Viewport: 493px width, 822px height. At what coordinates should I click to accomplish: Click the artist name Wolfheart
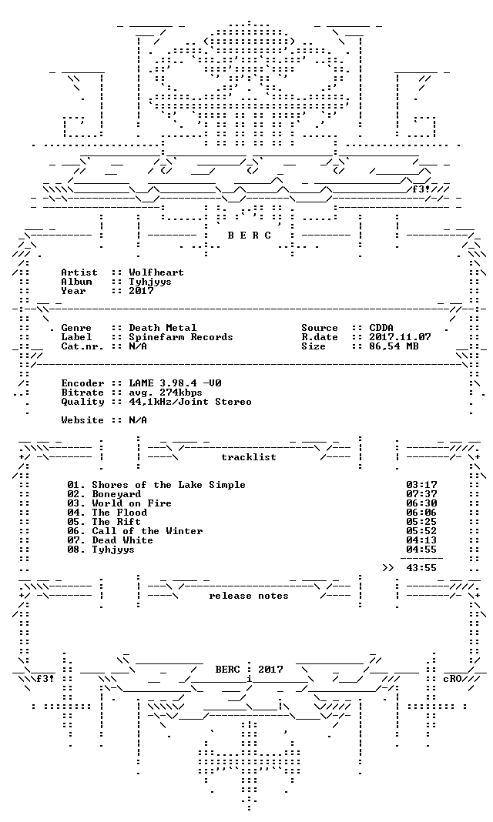click(156, 272)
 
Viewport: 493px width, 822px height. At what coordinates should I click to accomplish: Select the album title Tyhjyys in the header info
click(150, 282)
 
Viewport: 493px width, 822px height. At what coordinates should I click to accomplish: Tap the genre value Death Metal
click(163, 328)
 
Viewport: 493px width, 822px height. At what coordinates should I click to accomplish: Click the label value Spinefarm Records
click(181, 338)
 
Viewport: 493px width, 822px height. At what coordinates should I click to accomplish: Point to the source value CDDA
click(381, 328)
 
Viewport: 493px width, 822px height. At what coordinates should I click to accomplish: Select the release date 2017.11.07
click(400, 338)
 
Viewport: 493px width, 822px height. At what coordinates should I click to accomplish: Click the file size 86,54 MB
click(394, 346)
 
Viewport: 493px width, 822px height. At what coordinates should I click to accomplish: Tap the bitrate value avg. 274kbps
click(166, 393)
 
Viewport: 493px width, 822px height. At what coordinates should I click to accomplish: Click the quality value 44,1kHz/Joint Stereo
click(190, 402)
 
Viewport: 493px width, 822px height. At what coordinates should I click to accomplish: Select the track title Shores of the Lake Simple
click(169, 485)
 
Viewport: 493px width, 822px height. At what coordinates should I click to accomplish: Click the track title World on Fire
click(132, 504)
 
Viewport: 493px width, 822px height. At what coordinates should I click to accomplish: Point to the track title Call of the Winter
click(147, 532)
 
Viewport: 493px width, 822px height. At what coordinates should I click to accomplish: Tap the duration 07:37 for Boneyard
click(421, 494)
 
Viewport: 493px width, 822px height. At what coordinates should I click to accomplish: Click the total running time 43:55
click(421, 568)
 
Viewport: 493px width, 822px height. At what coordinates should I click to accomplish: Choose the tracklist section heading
click(249, 457)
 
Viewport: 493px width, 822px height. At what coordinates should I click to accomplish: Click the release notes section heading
click(249, 596)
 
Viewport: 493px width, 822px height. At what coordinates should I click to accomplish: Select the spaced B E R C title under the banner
click(249, 236)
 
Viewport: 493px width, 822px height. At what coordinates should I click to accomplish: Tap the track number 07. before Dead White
click(76, 540)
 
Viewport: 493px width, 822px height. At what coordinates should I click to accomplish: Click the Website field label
click(82, 420)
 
